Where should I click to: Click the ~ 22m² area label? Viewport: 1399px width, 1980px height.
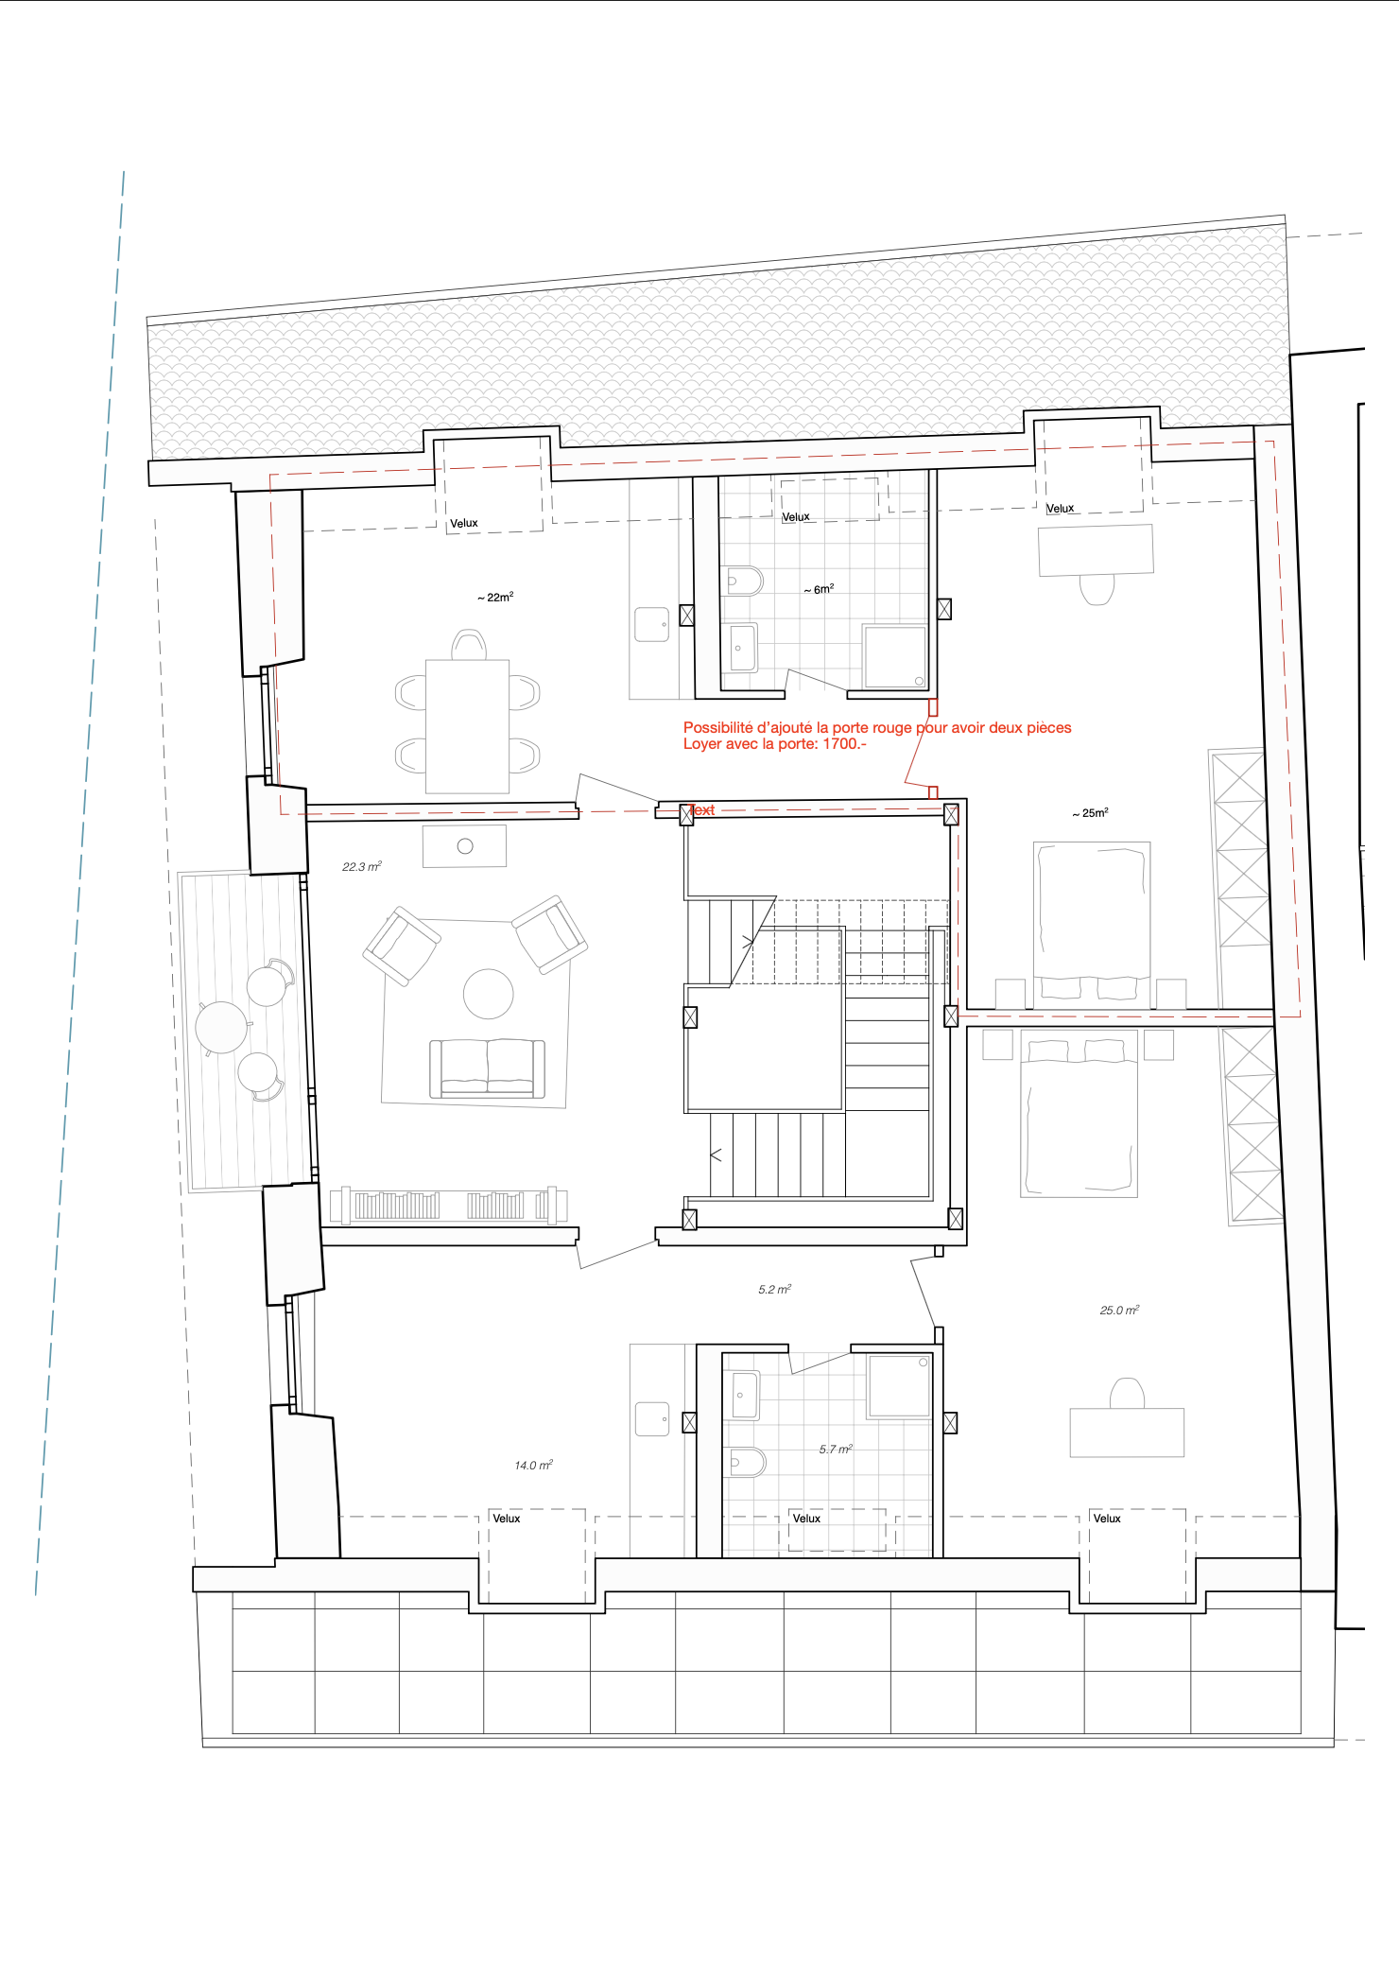tap(495, 598)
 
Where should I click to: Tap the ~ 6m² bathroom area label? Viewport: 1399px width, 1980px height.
tap(819, 589)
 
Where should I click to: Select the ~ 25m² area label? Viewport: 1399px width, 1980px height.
tap(1090, 813)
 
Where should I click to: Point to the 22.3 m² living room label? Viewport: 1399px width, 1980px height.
tap(362, 867)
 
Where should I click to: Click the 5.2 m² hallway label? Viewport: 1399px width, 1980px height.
tap(774, 1290)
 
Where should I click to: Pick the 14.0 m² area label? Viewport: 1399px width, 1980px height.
tap(533, 1466)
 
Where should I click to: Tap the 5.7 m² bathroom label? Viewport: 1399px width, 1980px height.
tap(836, 1450)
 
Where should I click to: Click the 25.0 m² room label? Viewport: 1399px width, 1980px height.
tap(1119, 1311)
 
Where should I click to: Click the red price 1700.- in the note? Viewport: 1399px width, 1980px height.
tap(844, 744)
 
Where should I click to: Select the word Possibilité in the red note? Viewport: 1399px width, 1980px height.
tap(718, 728)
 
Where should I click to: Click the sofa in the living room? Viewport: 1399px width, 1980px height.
tap(488, 1068)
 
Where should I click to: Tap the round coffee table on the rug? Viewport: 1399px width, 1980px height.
tap(489, 994)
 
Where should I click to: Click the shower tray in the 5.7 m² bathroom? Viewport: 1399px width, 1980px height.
tap(899, 1386)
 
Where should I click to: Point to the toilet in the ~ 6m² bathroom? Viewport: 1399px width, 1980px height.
tap(744, 581)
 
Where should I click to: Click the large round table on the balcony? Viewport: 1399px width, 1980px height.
tap(222, 1027)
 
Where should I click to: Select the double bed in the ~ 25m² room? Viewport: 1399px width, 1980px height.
tap(1092, 921)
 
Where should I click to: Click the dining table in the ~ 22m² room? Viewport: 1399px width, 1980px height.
tap(468, 726)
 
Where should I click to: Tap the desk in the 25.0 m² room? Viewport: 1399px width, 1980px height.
tap(1127, 1433)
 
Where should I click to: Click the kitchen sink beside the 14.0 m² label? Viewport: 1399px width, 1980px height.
tap(652, 1419)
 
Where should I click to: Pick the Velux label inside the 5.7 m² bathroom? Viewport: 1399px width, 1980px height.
tap(806, 1519)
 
